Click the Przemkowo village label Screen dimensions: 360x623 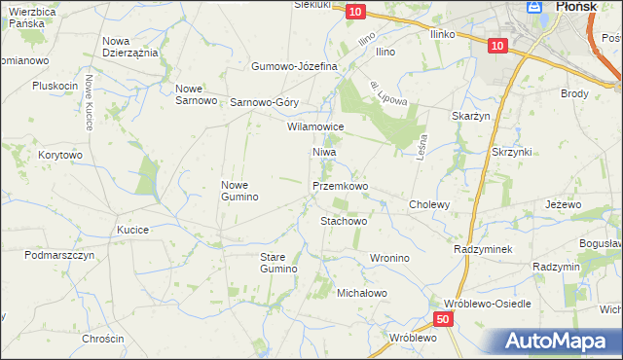pos(340,185)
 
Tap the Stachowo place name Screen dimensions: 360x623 pos(344,221)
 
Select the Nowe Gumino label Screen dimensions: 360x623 pos(239,191)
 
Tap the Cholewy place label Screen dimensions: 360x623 pos(429,204)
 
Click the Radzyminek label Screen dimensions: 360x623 pos(483,249)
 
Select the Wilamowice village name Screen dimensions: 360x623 pos(315,126)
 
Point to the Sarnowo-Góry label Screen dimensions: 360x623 pos(264,102)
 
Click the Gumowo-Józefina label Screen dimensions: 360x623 pos(294,66)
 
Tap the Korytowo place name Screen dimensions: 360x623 pos(60,155)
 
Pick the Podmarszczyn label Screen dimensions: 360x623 pos(59,255)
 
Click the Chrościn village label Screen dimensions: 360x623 pos(103,339)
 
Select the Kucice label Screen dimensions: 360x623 pos(132,230)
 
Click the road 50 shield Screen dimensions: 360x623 pos(443,319)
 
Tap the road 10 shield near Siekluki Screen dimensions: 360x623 pos(355,11)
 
